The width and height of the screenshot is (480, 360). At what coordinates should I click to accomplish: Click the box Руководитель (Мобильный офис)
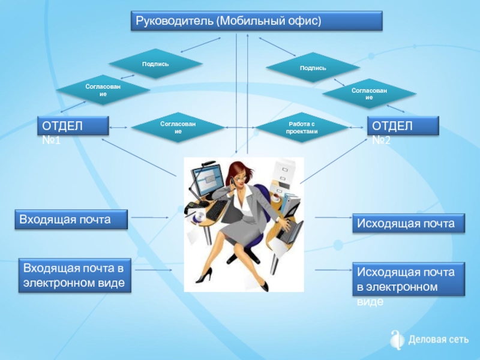pyautogui.click(x=257, y=21)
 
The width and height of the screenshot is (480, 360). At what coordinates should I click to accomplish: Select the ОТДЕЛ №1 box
pyautogui.click(x=73, y=125)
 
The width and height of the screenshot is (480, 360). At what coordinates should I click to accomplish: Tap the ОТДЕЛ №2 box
pyautogui.click(x=403, y=125)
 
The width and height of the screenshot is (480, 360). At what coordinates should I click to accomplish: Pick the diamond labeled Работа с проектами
pyautogui.click(x=302, y=128)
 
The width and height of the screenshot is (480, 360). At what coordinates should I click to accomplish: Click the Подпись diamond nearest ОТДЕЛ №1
pyautogui.click(x=155, y=64)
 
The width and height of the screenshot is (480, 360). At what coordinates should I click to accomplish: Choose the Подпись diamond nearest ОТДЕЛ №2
pyautogui.click(x=313, y=68)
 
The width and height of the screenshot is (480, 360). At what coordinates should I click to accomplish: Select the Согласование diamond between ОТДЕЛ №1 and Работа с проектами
pyautogui.click(x=178, y=128)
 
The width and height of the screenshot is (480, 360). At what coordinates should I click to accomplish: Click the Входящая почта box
pyautogui.click(x=71, y=219)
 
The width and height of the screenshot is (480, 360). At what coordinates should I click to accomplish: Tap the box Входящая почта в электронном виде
pyautogui.click(x=74, y=275)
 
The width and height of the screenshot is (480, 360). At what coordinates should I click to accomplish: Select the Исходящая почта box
pyautogui.click(x=409, y=223)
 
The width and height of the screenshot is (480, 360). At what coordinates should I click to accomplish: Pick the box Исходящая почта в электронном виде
pyautogui.click(x=409, y=279)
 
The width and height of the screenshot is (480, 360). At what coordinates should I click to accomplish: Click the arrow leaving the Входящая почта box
pyautogui.click(x=150, y=217)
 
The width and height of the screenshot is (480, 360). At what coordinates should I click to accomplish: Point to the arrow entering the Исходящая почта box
pyautogui.click(x=334, y=217)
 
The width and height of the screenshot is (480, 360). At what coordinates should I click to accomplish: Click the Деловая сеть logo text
pyautogui.click(x=438, y=340)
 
